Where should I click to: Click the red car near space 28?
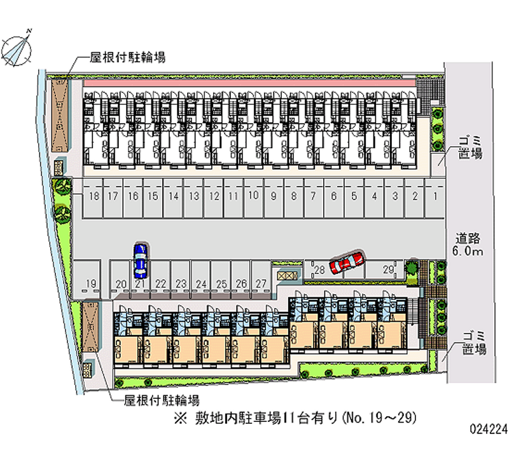click(x=346, y=261)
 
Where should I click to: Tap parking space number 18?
click(x=94, y=196)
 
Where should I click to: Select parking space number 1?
click(x=435, y=196)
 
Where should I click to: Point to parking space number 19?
click(x=90, y=283)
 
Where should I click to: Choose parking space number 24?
click(x=200, y=283)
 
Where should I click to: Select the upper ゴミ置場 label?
click(x=471, y=148)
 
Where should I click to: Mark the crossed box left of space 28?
click(x=288, y=276)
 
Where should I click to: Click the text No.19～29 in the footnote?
click(x=379, y=419)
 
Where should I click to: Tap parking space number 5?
click(x=354, y=196)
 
